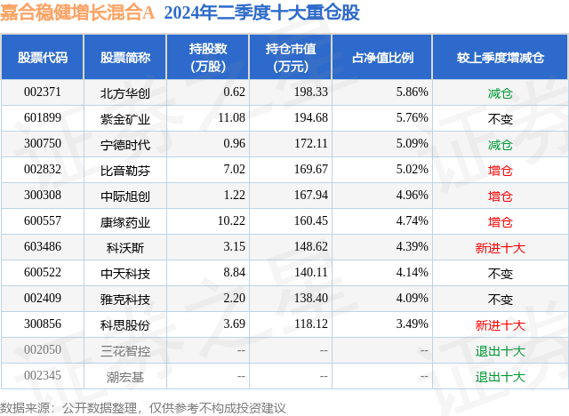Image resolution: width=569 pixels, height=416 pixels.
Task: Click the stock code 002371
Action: click(43, 92)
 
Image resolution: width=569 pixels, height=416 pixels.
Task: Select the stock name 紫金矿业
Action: click(125, 118)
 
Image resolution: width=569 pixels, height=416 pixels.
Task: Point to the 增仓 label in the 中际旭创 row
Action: click(501, 196)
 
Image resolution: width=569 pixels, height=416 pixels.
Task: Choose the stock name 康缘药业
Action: click(125, 221)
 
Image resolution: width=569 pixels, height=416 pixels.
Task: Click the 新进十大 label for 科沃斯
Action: click(501, 247)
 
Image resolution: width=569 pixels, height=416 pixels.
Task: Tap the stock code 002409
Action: click(43, 300)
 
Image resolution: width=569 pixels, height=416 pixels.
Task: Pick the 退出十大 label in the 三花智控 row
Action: click(501, 351)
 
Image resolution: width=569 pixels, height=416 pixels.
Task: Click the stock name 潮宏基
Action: click(125, 377)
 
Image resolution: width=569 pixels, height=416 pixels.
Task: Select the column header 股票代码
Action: click(43, 57)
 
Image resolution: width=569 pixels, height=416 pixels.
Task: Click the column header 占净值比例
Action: click(389, 57)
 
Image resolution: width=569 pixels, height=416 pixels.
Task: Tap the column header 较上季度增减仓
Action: click(501, 57)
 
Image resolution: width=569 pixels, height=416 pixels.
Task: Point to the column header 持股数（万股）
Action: click(211, 57)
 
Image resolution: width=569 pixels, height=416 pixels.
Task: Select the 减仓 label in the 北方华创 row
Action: click(501, 92)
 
